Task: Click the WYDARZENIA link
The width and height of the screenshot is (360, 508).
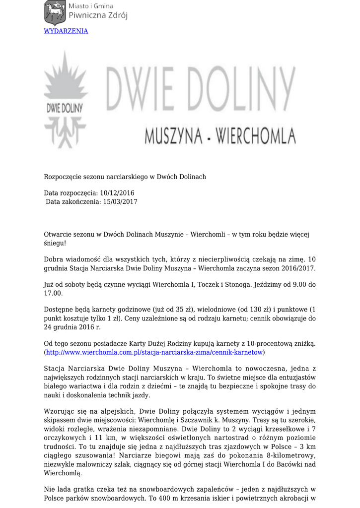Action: coord(66,31)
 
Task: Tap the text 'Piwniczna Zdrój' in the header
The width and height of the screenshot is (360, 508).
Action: coord(97,15)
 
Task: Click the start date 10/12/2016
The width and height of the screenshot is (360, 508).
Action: coord(117,193)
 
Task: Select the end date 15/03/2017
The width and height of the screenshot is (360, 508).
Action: coord(120,202)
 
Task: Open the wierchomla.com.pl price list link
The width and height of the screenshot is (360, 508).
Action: coord(154,352)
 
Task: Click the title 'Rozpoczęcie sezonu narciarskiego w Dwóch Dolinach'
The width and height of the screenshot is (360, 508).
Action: coord(125,177)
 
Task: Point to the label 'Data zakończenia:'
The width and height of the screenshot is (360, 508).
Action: coord(72,202)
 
